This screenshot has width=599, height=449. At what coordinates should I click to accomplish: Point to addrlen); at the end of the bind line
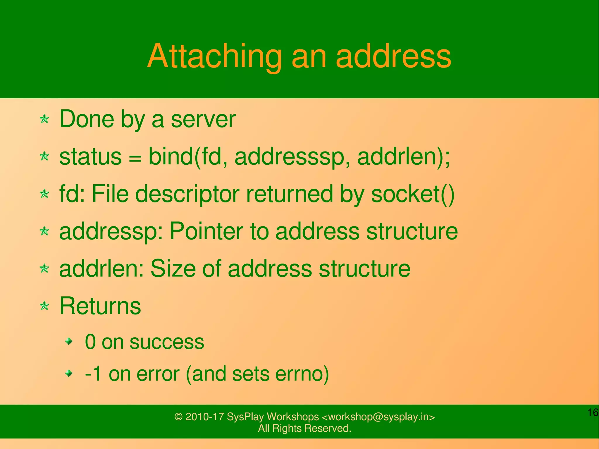coord(404,156)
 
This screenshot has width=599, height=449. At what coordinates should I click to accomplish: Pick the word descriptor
coord(187,195)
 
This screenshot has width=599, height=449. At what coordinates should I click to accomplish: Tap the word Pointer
coord(206,231)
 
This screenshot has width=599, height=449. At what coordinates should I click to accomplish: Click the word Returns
coord(100,306)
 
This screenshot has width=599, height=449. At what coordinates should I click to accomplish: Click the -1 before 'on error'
coord(93,374)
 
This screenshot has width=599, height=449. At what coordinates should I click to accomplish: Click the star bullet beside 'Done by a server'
coord(44,119)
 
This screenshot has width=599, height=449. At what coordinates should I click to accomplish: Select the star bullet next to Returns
coord(44,306)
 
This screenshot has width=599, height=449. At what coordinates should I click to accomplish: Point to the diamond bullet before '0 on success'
coord(69,341)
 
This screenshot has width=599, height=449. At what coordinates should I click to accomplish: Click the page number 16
coord(593,413)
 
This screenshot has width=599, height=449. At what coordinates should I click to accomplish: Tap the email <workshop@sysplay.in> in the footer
coord(378,417)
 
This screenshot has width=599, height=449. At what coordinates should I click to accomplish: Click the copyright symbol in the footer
coord(178,417)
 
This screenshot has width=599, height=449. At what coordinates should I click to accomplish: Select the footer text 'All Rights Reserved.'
coord(304,428)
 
